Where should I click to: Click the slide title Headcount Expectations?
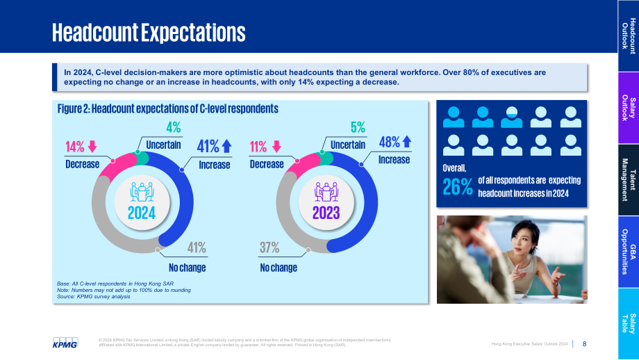pyautogui.click(x=149, y=33)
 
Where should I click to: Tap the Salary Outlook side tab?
pyautogui.click(x=629, y=108)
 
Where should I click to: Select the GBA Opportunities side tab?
pyautogui.click(x=629, y=252)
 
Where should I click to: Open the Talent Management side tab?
pyautogui.click(x=629, y=180)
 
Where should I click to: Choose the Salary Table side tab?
pyautogui.click(x=629, y=324)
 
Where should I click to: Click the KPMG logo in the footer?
pyautogui.click(x=65, y=343)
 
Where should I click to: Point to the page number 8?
pyautogui.click(x=584, y=344)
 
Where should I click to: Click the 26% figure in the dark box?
pyautogui.click(x=458, y=187)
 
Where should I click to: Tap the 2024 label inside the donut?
pyautogui.click(x=142, y=213)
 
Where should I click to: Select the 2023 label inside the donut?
pyautogui.click(x=326, y=213)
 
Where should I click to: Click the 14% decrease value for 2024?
pyautogui.click(x=75, y=147)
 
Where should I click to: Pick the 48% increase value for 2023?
pyautogui.click(x=389, y=142)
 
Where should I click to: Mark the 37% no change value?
pyautogui.click(x=269, y=247)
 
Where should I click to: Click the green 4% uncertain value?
pyautogui.click(x=174, y=128)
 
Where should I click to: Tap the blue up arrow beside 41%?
pyautogui.click(x=227, y=146)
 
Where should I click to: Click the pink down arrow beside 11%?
pyautogui.click(x=276, y=147)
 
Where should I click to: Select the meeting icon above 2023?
pyautogui.click(x=326, y=192)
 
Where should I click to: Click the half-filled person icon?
pyautogui.click(x=511, y=117)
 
